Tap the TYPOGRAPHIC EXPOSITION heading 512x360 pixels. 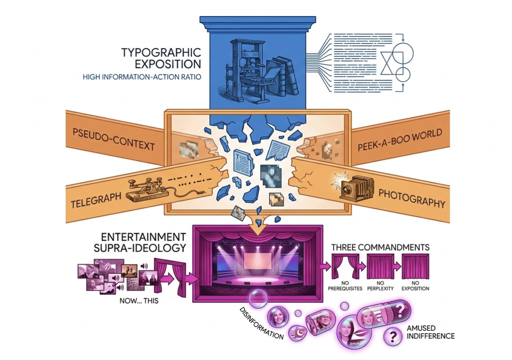161,58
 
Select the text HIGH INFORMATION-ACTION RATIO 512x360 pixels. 142,77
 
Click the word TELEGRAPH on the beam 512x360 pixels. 96,199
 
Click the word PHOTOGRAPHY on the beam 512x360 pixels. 411,198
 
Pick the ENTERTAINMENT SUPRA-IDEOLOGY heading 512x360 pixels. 140,242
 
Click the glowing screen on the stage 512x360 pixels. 258,263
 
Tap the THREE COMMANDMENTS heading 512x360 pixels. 380,247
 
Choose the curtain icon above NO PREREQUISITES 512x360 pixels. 345,267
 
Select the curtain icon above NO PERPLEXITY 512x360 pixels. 380,267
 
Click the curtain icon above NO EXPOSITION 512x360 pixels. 416,267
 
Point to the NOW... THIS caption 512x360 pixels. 139,301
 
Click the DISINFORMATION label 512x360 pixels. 261,323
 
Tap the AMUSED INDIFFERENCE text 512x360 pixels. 431,332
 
